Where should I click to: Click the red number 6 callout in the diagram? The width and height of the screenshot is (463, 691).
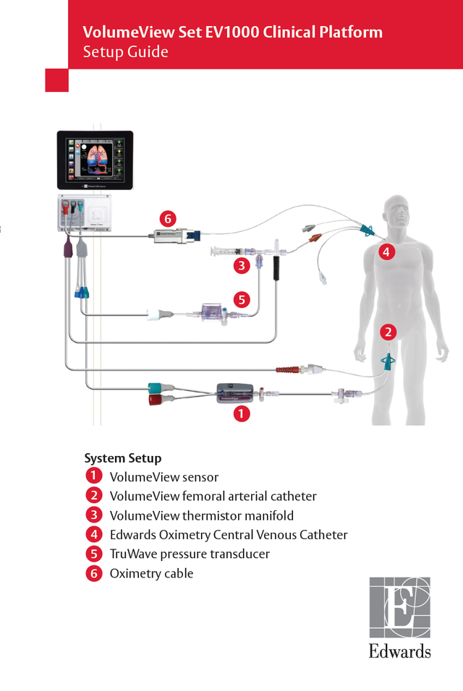pos(168,218)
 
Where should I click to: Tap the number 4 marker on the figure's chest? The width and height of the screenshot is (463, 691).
pos(386,252)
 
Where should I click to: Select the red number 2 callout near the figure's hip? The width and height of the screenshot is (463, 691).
pos(388,332)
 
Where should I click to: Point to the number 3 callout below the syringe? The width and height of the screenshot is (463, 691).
pos(242,265)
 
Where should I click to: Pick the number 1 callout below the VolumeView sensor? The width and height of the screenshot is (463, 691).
pos(241,414)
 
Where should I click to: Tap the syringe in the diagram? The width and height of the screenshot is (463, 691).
pos(231,252)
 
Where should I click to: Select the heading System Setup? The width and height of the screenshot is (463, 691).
pos(123,458)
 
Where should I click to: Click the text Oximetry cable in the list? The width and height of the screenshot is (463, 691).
pos(151,573)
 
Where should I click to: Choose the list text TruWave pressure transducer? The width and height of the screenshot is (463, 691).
pos(190,554)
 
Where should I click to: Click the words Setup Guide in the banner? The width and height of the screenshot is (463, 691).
pos(125,52)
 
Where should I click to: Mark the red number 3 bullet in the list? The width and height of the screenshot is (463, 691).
pos(93,515)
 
